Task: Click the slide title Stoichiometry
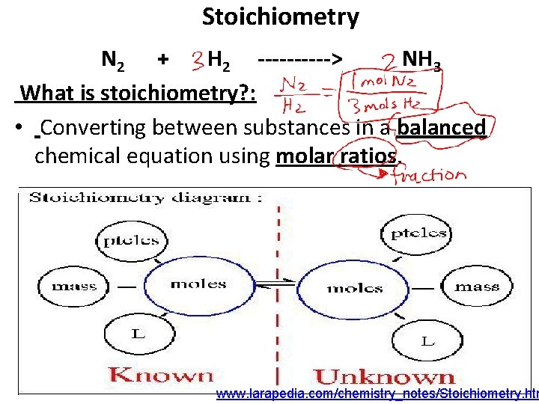pos(280,16)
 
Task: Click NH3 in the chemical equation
pos(421,60)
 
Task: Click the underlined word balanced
pos(442,128)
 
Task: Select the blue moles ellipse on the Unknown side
pos(354,288)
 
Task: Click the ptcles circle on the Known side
pos(131,240)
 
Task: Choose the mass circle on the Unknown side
pos(477,287)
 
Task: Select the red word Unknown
pos(383,376)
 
